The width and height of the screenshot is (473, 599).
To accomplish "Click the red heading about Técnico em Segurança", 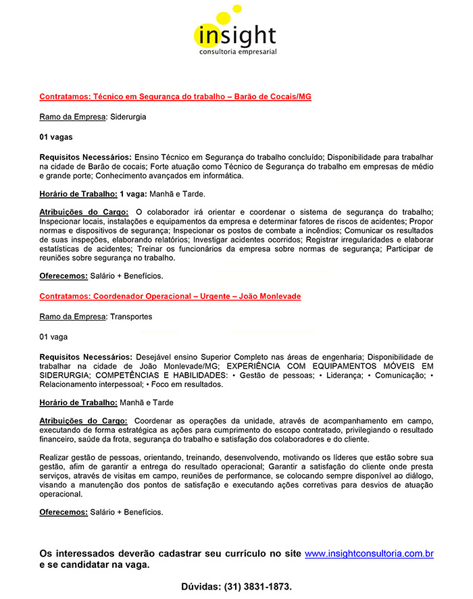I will [x=175, y=97].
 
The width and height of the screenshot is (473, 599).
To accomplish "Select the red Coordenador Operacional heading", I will [x=170, y=296].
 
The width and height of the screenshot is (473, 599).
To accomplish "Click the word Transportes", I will [x=131, y=317].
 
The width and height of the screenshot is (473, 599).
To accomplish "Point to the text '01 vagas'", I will [x=55, y=137].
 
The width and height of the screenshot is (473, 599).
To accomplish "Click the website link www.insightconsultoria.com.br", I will [x=369, y=554].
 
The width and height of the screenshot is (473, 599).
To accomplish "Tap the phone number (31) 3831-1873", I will [x=257, y=587].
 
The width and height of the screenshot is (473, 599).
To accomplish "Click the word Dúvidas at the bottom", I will [x=201, y=587].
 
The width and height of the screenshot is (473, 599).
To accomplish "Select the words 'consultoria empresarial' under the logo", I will [x=237, y=51].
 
